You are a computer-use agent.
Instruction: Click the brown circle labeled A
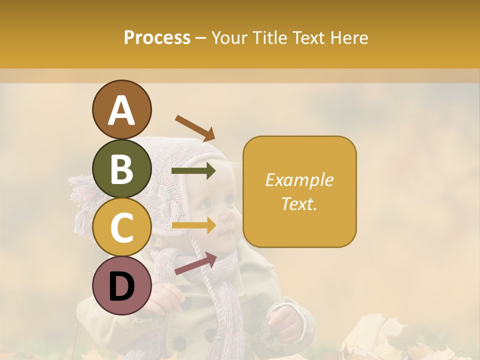121,109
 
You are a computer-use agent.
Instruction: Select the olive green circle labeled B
121,168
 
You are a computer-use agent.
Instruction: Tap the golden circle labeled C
121,227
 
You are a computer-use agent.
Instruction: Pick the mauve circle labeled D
121,286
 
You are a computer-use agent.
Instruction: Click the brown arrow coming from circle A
195,127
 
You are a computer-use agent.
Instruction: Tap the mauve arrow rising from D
195,263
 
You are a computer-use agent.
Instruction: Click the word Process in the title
157,37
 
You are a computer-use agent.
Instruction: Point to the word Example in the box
299,180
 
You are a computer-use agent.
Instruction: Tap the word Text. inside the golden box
299,203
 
